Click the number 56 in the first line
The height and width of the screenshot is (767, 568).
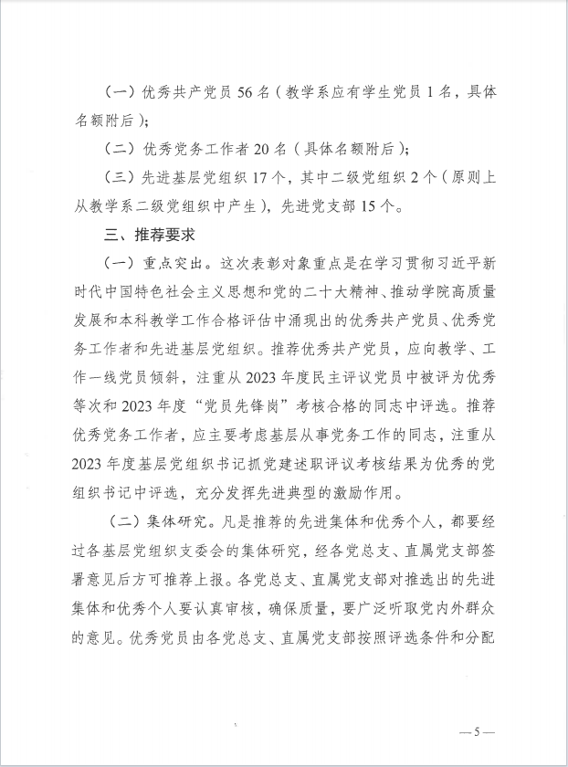point(249,93)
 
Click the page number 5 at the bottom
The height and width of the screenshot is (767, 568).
point(476,732)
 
